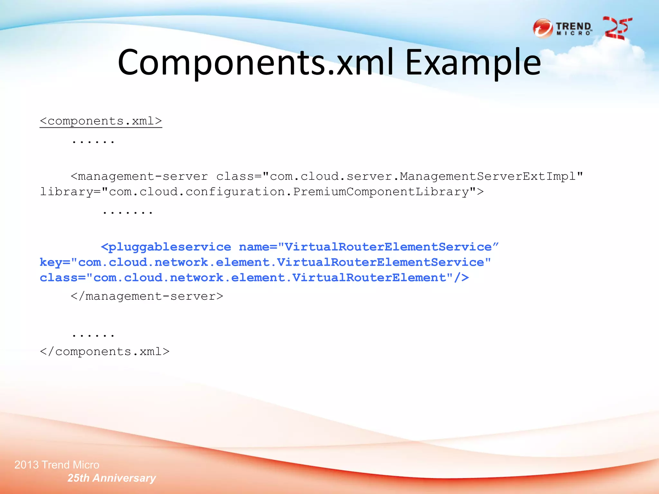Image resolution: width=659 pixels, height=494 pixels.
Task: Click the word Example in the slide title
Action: pos(473,63)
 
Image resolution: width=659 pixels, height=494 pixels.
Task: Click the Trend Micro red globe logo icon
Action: pos(543,29)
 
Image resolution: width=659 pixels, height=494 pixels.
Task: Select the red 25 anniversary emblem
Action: pos(617,28)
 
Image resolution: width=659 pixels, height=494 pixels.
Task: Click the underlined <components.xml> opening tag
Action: pos(101,121)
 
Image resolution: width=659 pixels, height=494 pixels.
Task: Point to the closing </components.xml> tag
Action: pos(105,352)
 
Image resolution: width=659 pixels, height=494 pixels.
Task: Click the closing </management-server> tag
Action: pos(147,296)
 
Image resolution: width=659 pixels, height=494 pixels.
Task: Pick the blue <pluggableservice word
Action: pos(166,247)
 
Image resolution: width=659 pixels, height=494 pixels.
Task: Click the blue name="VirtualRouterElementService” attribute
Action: pos(369,247)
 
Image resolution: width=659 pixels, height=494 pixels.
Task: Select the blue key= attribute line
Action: pos(265,262)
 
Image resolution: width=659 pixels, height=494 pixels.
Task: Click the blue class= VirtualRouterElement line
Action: pos(254,278)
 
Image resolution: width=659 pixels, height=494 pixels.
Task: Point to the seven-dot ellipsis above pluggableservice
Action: pos(127,212)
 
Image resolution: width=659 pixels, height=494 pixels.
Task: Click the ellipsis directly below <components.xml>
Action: pos(93,142)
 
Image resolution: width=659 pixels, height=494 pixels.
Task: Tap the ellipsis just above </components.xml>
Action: pos(93,335)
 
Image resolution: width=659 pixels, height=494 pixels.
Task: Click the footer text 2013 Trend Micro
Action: pos(57,465)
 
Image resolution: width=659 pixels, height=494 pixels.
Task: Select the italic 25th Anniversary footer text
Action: pos(111,478)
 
